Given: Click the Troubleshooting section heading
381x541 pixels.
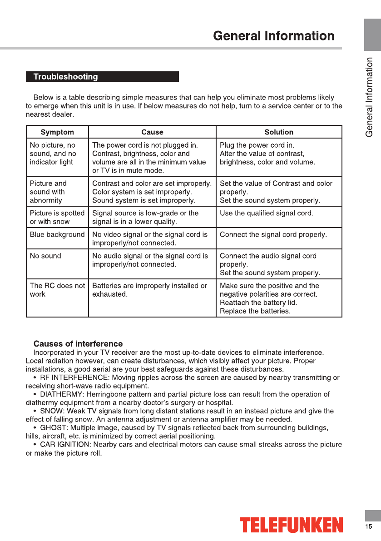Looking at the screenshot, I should pyautogui.click(x=66, y=77).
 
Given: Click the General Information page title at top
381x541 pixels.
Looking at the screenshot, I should pyautogui.click(x=273, y=36).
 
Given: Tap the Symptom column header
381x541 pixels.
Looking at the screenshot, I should pyautogui.click(x=57, y=132).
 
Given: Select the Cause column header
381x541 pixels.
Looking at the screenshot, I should pyautogui.click(x=152, y=132).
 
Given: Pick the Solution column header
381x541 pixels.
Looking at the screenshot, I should pyautogui.click(x=279, y=132).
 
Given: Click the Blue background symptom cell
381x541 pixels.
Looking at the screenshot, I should pyautogui.click(x=57, y=235).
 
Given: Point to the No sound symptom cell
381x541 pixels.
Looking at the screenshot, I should pyautogui.click(x=45, y=256).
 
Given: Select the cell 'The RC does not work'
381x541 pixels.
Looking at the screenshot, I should pyautogui.click(x=57, y=290).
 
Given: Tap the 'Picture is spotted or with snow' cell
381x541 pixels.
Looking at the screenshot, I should pyautogui.click(x=57, y=217).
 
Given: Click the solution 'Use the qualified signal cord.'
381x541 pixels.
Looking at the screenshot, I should pyautogui.click(x=267, y=213).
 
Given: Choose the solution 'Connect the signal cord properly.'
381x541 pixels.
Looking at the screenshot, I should pyautogui.click(x=273, y=235).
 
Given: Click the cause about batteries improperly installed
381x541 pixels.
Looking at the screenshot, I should pyautogui.click(x=149, y=290).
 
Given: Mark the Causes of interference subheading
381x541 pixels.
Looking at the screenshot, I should pyautogui.click(x=78, y=344).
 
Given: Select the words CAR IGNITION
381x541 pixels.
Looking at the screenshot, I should pyautogui.click(x=64, y=445).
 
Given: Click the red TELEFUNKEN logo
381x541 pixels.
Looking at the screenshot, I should pyautogui.click(x=291, y=525).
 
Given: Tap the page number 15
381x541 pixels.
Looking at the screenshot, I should pyautogui.click(x=368, y=526).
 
